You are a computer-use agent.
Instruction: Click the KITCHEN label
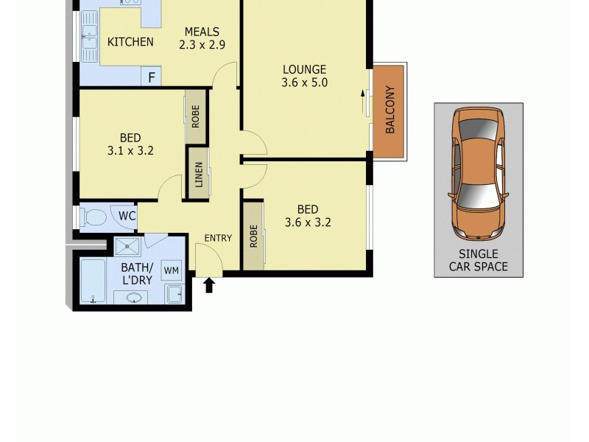pos(130,42)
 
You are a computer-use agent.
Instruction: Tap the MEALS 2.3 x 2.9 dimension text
pos(202,44)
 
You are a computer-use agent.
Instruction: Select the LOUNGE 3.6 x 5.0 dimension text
pos(304,83)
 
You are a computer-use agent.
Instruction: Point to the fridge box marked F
pos(152,77)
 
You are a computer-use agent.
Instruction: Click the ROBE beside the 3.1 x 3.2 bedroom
pos(195,116)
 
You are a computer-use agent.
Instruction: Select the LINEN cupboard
pos(197,174)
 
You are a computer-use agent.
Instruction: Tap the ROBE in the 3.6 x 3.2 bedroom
pos(253,234)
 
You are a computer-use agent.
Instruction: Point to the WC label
pos(127,217)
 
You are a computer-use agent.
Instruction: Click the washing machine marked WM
pos(171,270)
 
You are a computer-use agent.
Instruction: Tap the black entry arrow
pos(209,284)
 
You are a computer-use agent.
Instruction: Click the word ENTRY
pos(218,238)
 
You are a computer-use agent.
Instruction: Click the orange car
pos(478,174)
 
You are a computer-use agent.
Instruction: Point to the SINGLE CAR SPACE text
pos(479,260)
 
